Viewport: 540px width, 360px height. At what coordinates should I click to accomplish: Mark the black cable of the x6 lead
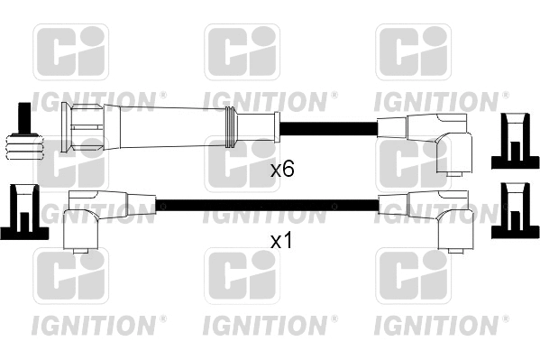(325, 126)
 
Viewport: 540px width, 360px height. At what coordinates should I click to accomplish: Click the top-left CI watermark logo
(70, 51)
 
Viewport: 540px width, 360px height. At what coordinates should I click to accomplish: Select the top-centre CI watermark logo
(242, 51)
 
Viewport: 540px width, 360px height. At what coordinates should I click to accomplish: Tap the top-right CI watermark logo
(412, 51)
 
